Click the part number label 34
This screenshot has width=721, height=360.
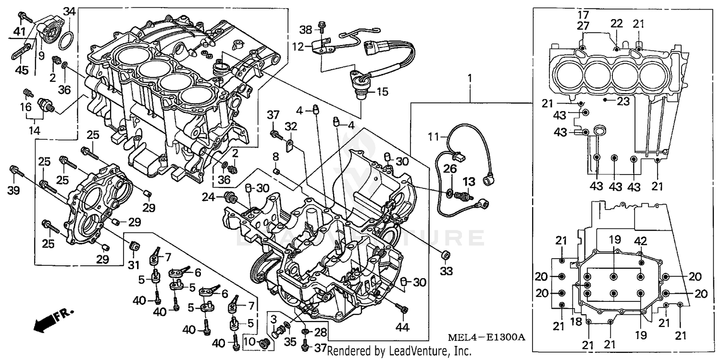(70, 11)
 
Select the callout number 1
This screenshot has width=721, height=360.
(470, 78)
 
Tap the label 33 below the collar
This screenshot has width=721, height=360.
(447, 272)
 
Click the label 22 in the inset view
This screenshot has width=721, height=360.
(617, 24)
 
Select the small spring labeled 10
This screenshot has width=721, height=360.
(263, 343)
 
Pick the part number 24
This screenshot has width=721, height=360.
(208, 196)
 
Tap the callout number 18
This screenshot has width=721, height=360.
(576, 322)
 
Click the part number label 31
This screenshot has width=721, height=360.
(133, 264)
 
